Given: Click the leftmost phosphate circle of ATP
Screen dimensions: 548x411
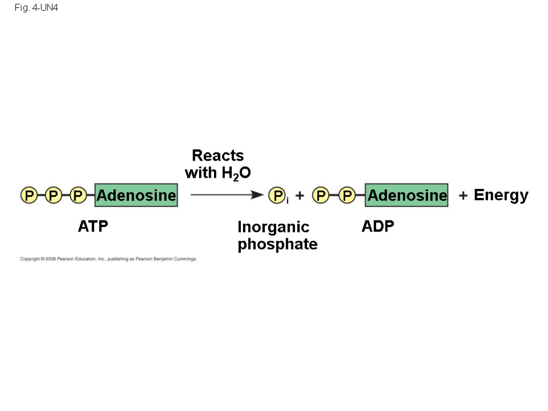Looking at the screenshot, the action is pos(28,195).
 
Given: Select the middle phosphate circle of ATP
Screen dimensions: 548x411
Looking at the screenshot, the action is pos(53,195).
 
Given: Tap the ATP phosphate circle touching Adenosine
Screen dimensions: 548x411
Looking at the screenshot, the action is pos(78,195).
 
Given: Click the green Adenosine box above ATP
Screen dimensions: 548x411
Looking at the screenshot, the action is pos(136,195).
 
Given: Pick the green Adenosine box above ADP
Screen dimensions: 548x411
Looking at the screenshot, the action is pos(407,195).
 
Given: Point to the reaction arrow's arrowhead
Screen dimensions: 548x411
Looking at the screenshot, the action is pos(258,195).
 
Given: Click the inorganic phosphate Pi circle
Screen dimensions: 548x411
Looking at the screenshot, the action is pos(277,196).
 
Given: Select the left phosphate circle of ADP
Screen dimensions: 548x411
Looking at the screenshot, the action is pos(321,195).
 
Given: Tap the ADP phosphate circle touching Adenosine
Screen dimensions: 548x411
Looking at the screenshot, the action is pos(347,195).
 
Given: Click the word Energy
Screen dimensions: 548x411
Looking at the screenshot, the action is pos(501,195).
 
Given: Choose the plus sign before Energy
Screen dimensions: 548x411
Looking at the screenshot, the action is pos(463,196).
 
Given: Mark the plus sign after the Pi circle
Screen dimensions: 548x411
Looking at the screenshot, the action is pos(300,196).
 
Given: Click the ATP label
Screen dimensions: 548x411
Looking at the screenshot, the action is pos(93,226).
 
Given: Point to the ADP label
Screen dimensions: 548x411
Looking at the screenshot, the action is pos(378,226).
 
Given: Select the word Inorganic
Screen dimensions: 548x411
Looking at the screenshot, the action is pos(273,227).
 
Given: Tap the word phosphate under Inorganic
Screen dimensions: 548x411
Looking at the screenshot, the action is pos(278,245).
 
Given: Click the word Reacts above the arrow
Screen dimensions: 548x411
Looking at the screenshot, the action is pos(218,156).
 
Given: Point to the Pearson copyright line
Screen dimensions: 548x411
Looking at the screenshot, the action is pos(109,259).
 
